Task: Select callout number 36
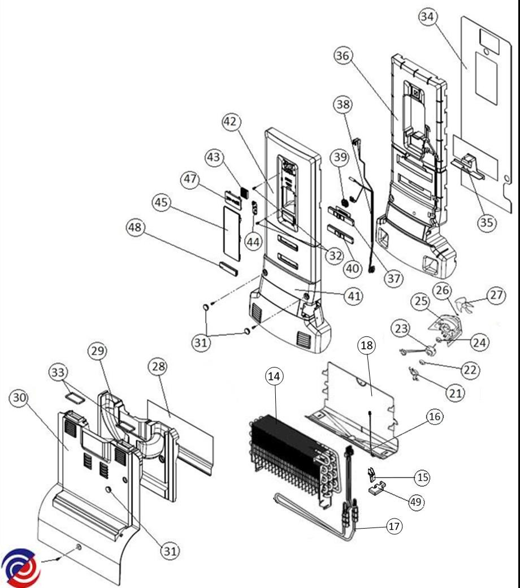[x=343, y=55]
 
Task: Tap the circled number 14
[x=274, y=377]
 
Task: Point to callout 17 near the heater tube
[x=395, y=526]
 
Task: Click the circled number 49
[x=417, y=501]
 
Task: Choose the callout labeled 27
[x=496, y=295]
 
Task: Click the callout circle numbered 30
[x=19, y=399]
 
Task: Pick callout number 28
[x=159, y=366]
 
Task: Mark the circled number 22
[x=469, y=370]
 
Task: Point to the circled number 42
[x=232, y=122]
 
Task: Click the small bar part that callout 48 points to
[x=228, y=267]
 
